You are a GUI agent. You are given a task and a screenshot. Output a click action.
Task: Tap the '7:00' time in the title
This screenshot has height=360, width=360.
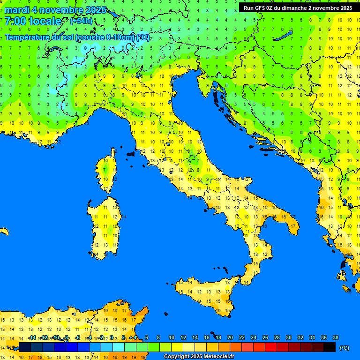click(15, 21)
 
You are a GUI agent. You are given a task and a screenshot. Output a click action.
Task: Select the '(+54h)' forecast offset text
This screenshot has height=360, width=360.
click(81, 21)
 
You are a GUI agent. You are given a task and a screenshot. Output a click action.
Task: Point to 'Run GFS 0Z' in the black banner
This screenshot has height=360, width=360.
click(259, 8)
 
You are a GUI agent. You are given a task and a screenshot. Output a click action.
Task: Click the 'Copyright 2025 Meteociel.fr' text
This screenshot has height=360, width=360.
click(198, 357)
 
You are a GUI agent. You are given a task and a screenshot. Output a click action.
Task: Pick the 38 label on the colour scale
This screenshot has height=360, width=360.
click(335, 338)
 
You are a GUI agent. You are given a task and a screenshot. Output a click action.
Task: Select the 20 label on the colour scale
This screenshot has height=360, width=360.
click(230, 338)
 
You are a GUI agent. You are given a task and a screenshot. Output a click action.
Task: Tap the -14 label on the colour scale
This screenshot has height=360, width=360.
click(31, 338)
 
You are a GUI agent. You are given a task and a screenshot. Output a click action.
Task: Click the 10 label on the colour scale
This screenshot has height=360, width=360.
click(171, 338)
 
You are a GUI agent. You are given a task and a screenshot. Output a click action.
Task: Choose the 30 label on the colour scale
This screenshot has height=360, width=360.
click(288, 338)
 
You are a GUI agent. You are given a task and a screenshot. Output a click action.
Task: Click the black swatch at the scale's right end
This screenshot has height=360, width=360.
click(330, 347)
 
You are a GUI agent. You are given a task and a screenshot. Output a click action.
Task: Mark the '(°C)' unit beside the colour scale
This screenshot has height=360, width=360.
click(344, 348)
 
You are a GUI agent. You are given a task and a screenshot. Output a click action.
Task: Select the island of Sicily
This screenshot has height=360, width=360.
click(206, 293)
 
